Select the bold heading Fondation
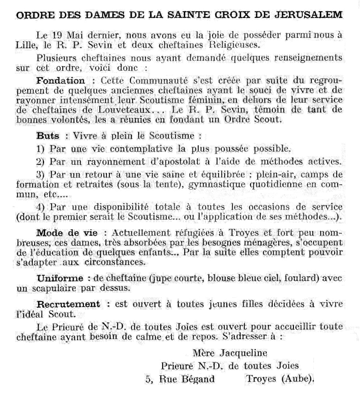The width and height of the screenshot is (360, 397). coord(61,80)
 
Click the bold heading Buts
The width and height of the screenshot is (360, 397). coord(47,136)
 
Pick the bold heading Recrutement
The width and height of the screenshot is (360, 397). coord(69,304)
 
